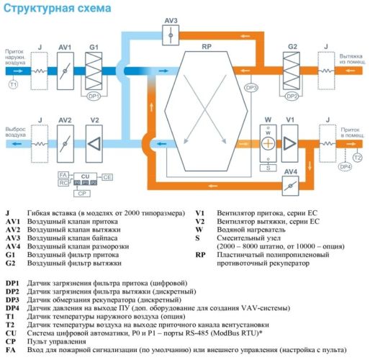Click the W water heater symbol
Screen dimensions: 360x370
(267, 142)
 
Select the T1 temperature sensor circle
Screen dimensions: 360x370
(12, 85)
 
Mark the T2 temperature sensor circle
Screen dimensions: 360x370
(358, 156)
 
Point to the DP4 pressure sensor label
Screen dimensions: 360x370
(346, 167)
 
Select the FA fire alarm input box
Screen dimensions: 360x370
(63, 175)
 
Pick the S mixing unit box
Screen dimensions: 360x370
(268, 167)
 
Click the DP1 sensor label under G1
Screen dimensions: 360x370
(94, 95)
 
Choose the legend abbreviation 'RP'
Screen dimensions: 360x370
(201, 255)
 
